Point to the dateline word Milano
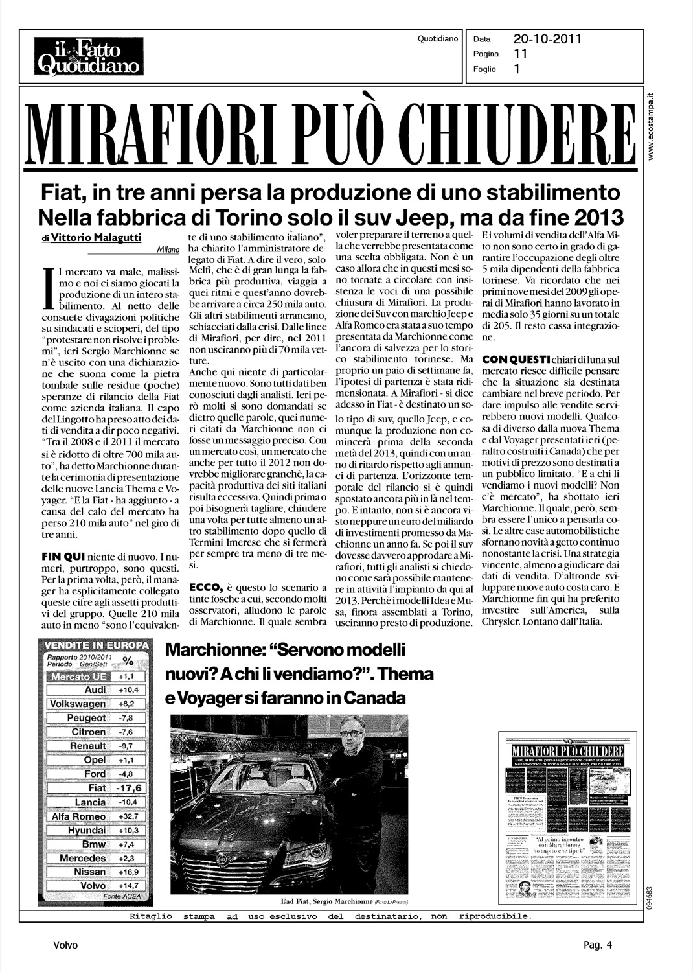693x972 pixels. tap(168, 249)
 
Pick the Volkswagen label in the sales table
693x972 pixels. tap(78, 704)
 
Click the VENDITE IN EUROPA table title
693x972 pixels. tap(95, 646)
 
